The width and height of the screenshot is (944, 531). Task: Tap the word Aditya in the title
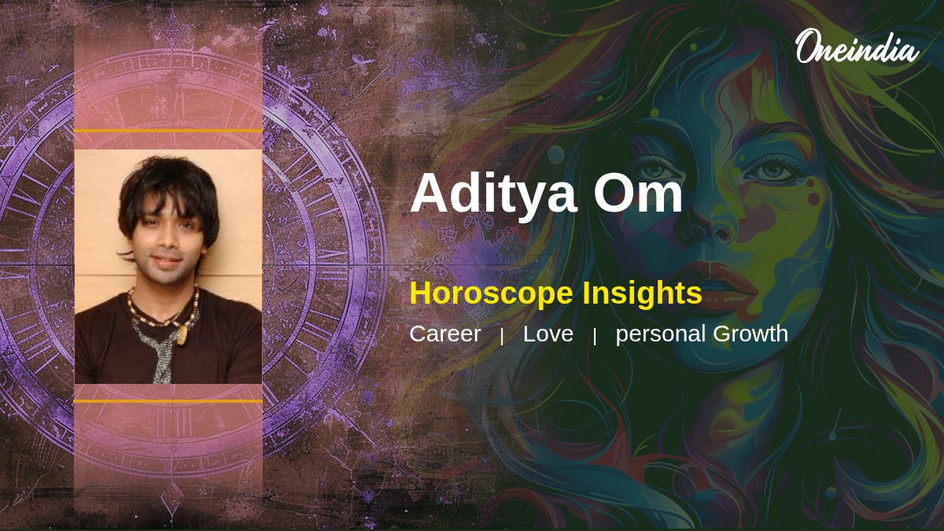click(x=492, y=194)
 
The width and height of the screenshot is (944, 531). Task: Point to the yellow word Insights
click(x=642, y=293)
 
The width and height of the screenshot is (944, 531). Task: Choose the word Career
click(x=444, y=334)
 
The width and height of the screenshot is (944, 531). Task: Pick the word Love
click(x=548, y=334)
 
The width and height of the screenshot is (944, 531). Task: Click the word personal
click(x=661, y=334)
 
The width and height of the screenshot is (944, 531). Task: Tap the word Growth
click(x=750, y=334)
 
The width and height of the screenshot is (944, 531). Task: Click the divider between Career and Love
click(x=502, y=336)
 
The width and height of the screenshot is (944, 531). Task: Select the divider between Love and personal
click(x=595, y=336)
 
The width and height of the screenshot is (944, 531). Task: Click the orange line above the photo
click(x=168, y=131)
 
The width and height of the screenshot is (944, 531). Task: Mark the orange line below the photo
click(x=168, y=401)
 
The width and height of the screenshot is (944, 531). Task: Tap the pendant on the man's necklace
click(x=182, y=334)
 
